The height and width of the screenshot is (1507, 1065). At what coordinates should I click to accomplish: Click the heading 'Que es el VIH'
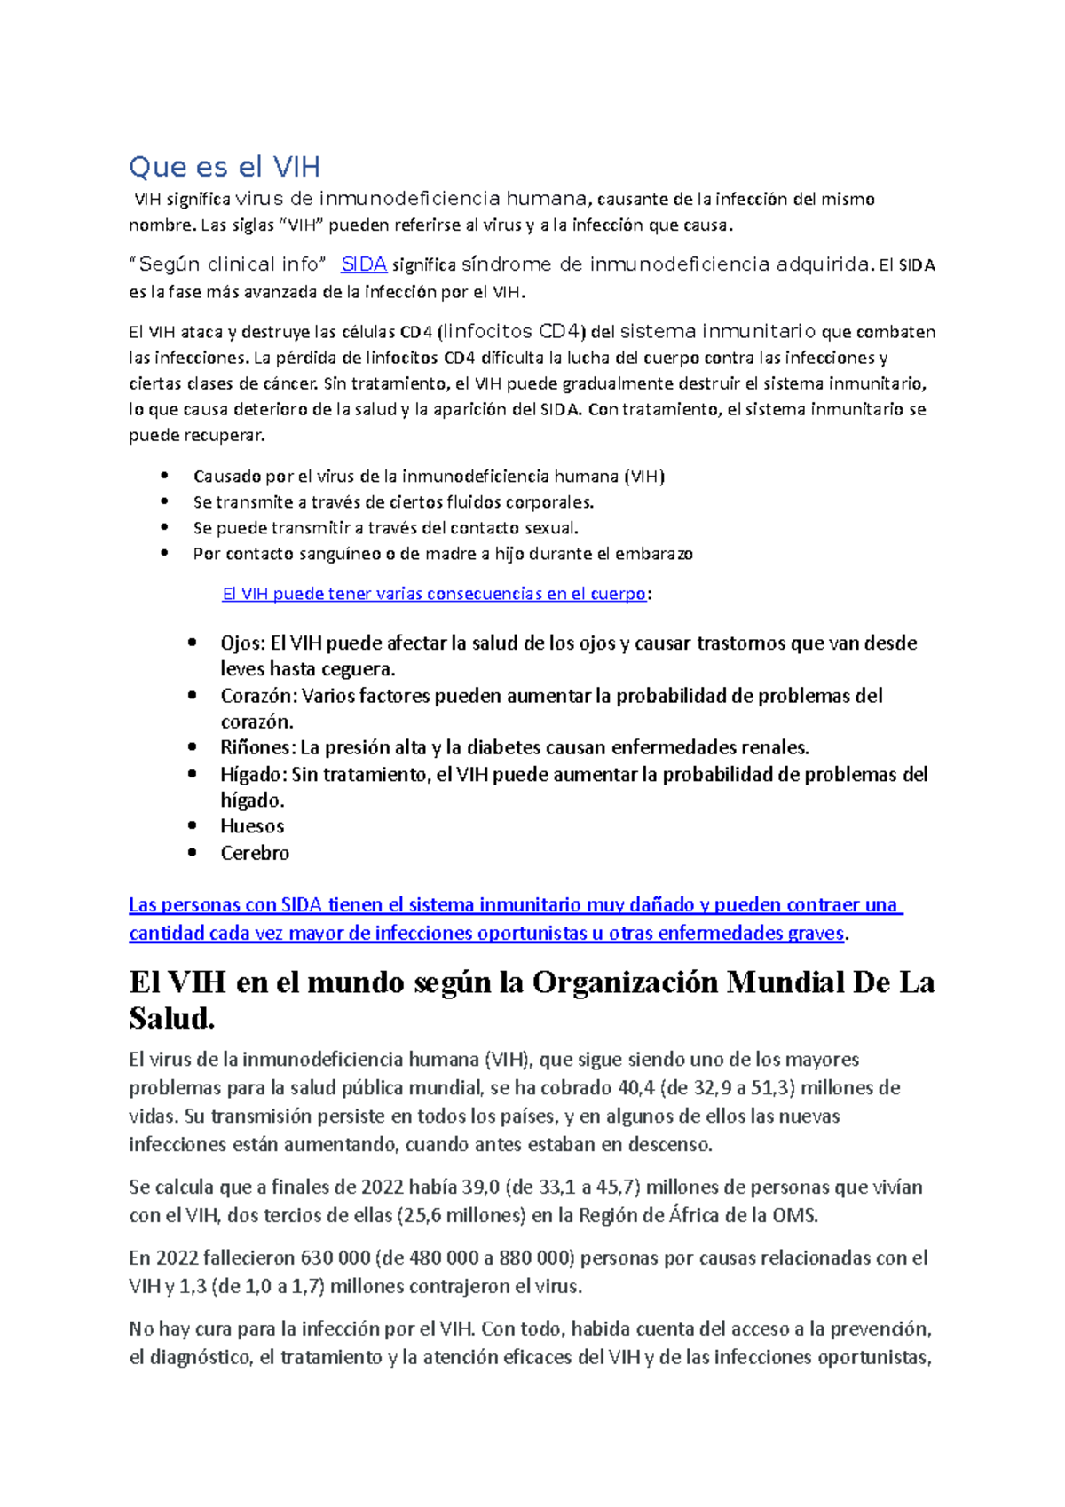click(x=224, y=167)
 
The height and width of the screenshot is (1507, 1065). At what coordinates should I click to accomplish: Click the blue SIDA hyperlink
click(x=364, y=264)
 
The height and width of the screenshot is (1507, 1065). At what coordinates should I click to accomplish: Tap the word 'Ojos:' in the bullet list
click(x=242, y=643)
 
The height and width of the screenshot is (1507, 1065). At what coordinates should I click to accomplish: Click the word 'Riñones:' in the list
click(x=257, y=747)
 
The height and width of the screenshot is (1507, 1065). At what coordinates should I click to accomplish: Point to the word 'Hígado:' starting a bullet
click(x=254, y=775)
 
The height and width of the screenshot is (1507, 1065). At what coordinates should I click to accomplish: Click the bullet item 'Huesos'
click(x=252, y=826)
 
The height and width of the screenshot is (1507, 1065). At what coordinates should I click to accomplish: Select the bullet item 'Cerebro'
click(x=255, y=853)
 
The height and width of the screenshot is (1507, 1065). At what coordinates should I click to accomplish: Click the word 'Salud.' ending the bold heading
click(x=172, y=1019)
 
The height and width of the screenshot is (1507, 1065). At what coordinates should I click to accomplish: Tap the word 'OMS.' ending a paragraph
click(x=794, y=1216)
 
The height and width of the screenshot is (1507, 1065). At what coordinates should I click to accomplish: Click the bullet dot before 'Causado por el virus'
click(x=164, y=476)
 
